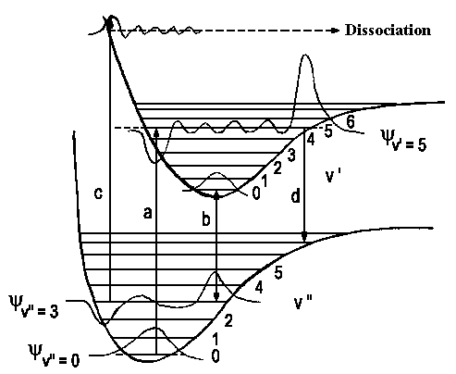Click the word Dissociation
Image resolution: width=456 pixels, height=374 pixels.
pyautogui.click(x=388, y=31)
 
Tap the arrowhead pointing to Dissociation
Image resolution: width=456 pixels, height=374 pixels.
pyautogui.click(x=336, y=31)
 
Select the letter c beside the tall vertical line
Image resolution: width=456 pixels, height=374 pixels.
pyautogui.click(x=98, y=193)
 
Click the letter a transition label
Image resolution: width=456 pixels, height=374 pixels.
pyautogui.click(x=148, y=213)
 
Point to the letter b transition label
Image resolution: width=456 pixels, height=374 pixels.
pyautogui.click(x=206, y=219)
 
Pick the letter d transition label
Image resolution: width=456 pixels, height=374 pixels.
pyautogui.click(x=295, y=196)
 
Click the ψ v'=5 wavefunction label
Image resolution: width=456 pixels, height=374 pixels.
pyautogui.click(x=403, y=140)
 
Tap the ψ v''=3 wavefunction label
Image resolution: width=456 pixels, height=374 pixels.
pyautogui.click(x=33, y=306)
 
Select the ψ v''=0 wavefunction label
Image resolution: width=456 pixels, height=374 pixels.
pyautogui.click(x=54, y=355)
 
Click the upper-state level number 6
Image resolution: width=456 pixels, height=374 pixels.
pyautogui.click(x=351, y=122)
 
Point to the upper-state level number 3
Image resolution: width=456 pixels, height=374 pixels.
pyautogui.click(x=291, y=155)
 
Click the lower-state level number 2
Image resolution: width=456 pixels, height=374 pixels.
pyautogui.click(x=228, y=321)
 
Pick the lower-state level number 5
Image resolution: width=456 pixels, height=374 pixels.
pyautogui.click(x=278, y=273)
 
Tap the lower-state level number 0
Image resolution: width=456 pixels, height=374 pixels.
pyautogui.click(x=216, y=356)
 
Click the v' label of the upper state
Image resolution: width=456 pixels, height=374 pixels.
pyautogui.click(x=333, y=176)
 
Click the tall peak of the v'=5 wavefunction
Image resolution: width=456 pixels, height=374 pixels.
pyautogui.click(x=305, y=56)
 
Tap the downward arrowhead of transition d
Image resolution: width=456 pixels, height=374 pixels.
pyautogui.click(x=304, y=237)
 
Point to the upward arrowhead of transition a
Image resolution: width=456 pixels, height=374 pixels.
pyautogui.click(x=156, y=133)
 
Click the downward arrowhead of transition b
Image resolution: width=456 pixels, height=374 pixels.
pyautogui.click(x=216, y=296)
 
